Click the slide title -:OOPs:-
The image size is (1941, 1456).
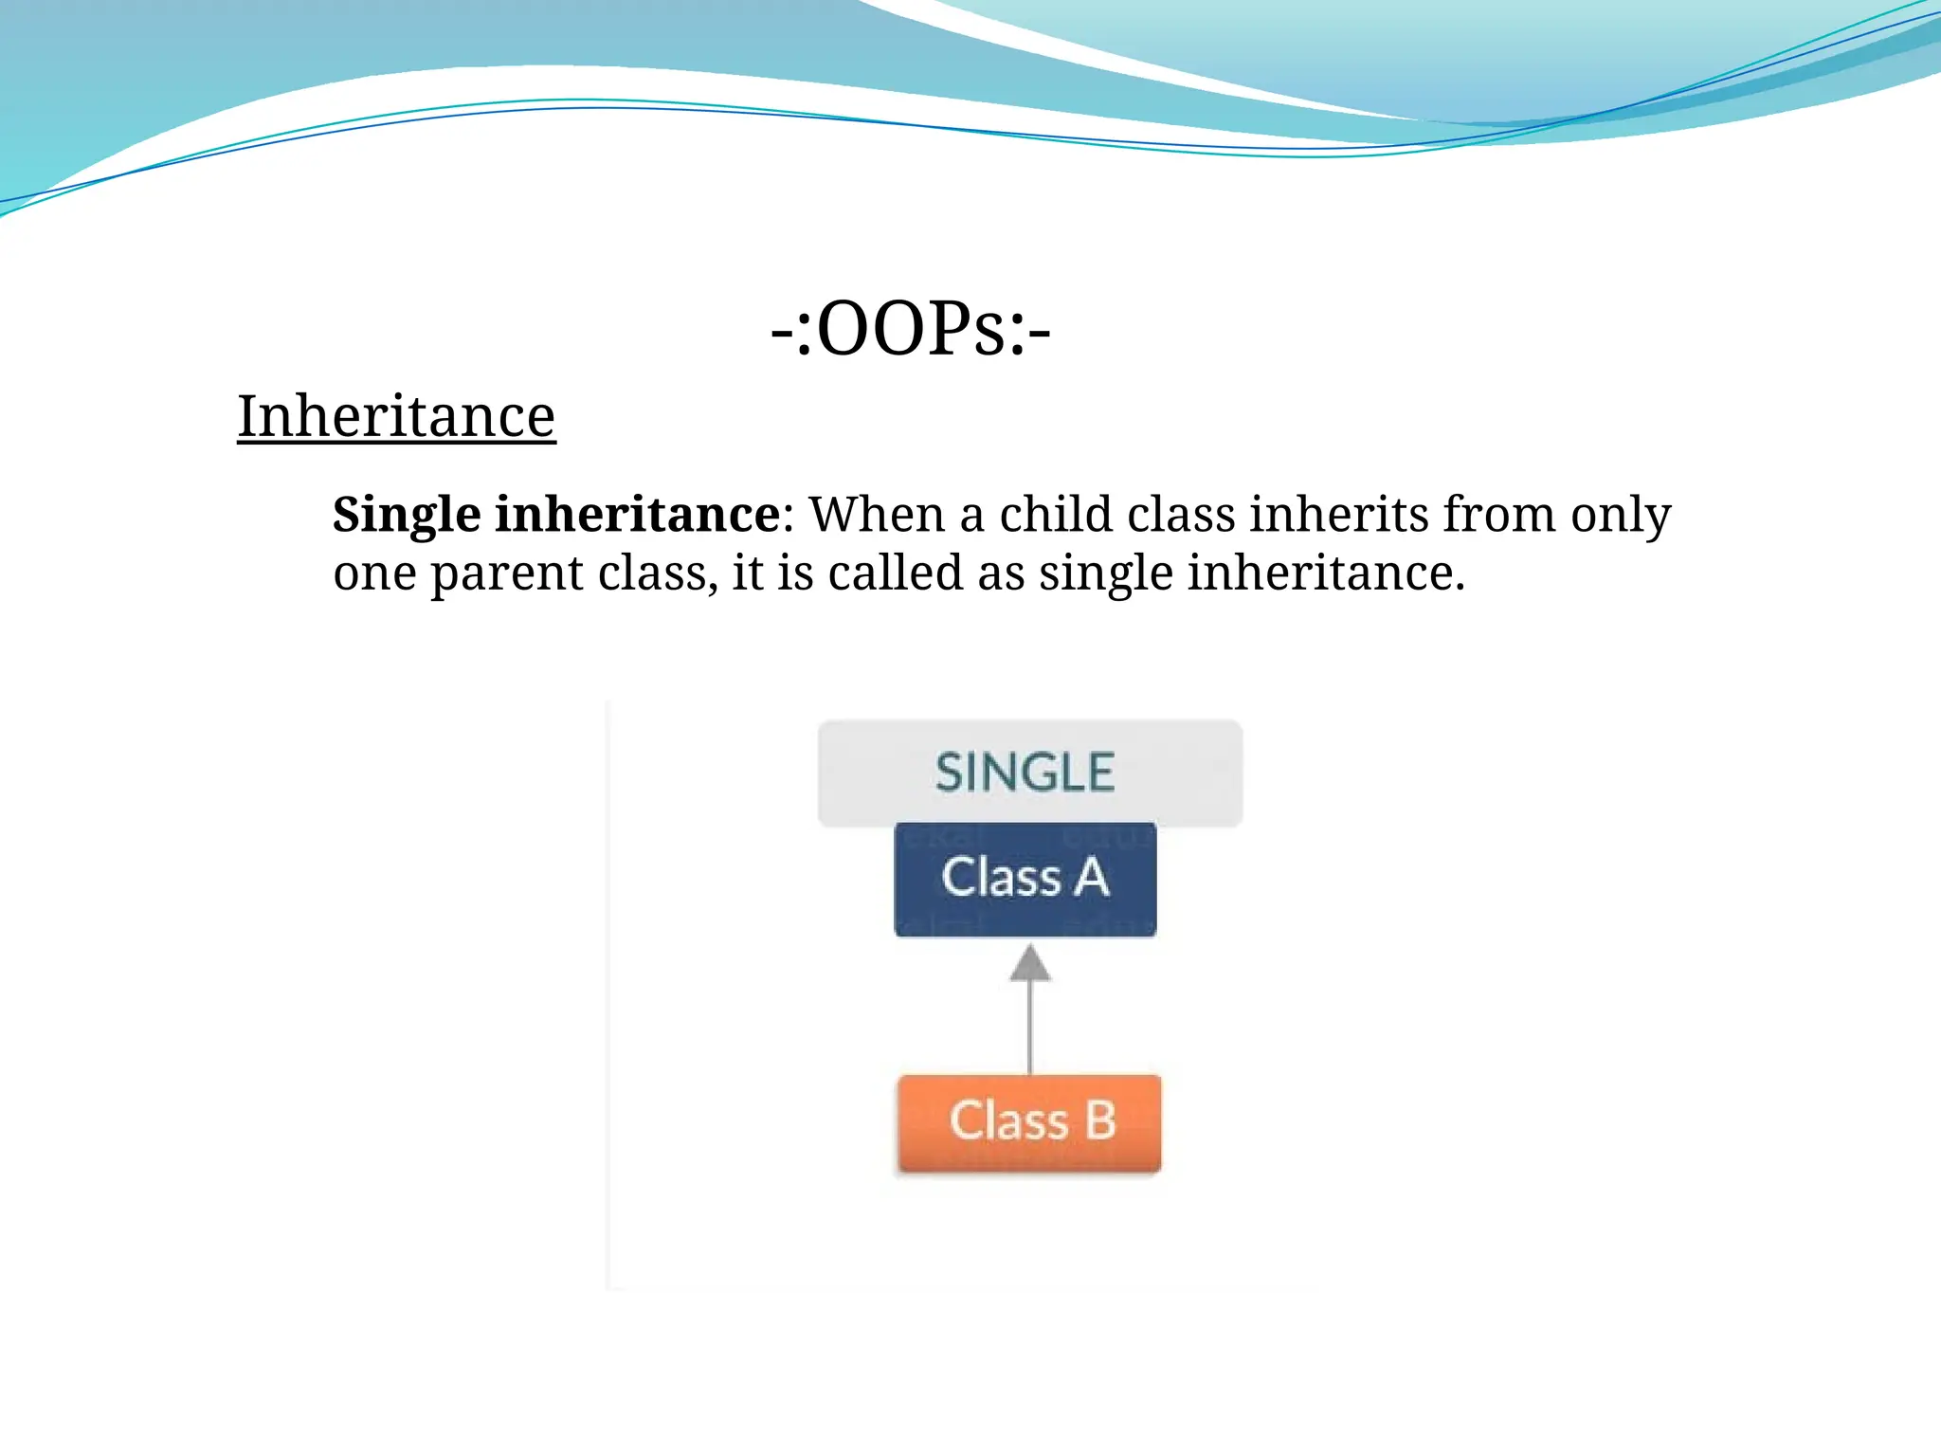[x=910, y=330]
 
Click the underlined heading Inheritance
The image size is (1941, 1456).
[x=395, y=416]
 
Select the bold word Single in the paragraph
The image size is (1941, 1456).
[x=407, y=516]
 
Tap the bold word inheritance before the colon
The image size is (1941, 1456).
[x=637, y=514]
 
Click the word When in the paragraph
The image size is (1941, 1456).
[x=877, y=515]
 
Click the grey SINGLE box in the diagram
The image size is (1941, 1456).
[x=1029, y=773]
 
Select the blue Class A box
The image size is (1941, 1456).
[x=1025, y=878]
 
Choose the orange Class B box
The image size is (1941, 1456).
[x=1029, y=1121]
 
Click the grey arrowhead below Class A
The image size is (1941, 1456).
[x=1030, y=963]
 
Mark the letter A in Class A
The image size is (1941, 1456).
[x=1091, y=877]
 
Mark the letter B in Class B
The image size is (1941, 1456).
[x=1099, y=1120]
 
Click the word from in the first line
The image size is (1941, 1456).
[x=1499, y=514]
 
